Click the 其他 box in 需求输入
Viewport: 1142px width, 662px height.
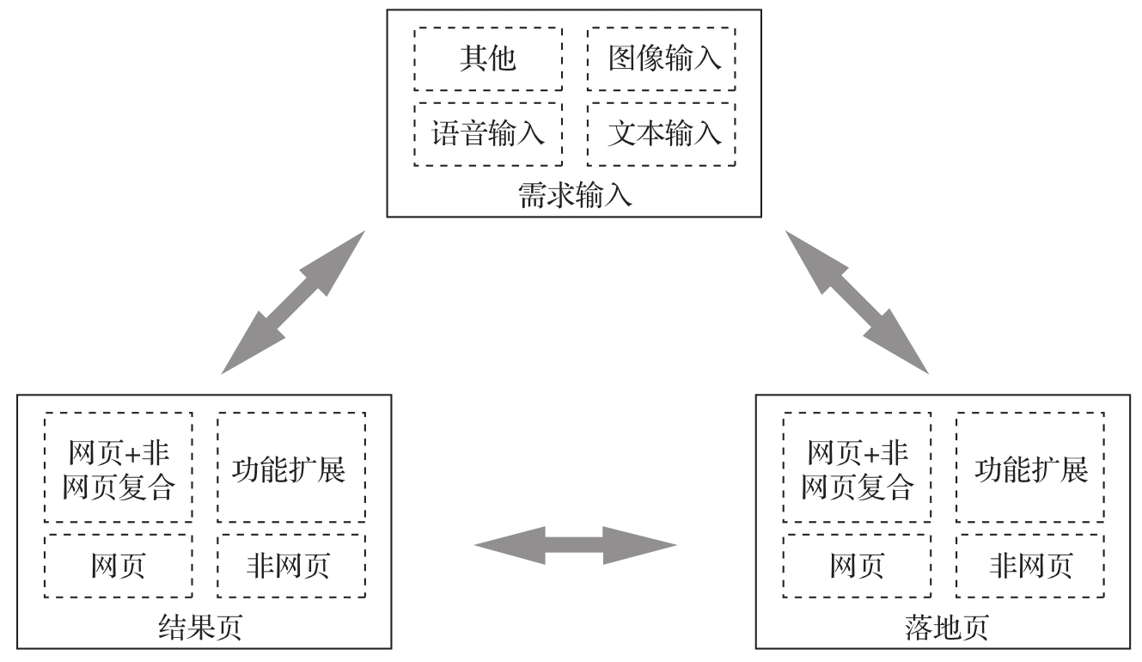click(x=488, y=58)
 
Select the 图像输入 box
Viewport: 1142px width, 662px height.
click(x=662, y=58)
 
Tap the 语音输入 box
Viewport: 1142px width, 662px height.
click(x=488, y=134)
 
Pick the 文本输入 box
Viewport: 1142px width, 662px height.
click(x=662, y=134)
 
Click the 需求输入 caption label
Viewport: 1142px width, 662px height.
click(x=574, y=195)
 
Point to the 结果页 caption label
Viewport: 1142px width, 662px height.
click(x=201, y=628)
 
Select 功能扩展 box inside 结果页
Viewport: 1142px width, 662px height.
click(x=290, y=469)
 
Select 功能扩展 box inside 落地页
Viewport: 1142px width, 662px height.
click(x=1030, y=469)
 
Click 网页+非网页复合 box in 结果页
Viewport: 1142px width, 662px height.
click(x=119, y=469)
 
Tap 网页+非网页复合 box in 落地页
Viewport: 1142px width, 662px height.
click(x=858, y=469)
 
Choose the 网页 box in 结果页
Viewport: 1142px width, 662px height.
click(x=119, y=565)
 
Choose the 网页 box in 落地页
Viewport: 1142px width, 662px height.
click(x=858, y=565)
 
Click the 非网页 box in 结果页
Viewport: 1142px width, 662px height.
click(x=290, y=565)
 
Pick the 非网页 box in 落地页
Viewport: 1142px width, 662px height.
click(x=1030, y=565)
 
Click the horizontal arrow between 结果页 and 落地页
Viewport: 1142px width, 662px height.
click(x=575, y=545)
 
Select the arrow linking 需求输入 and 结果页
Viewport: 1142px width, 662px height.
click(x=293, y=302)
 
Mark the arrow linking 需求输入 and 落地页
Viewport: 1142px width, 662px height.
click(x=857, y=302)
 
